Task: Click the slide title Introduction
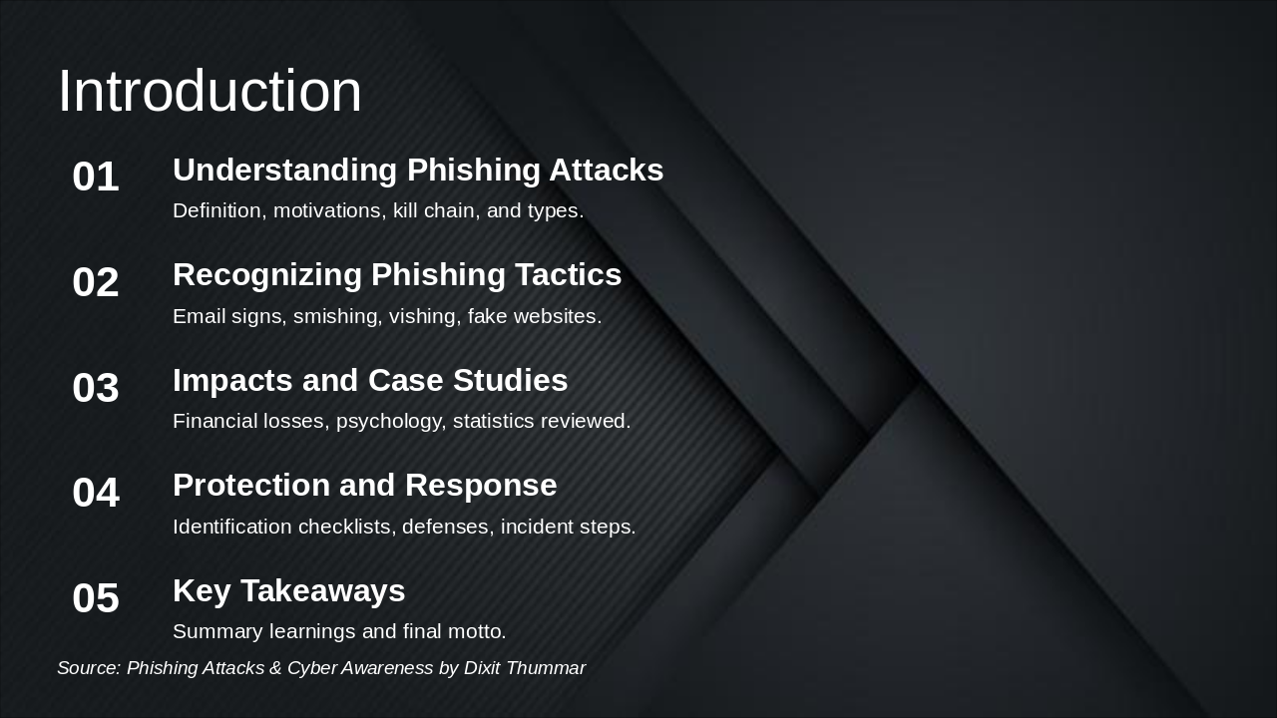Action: point(210,91)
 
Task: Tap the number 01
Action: point(96,177)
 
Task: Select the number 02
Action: point(96,282)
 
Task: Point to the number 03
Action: point(96,388)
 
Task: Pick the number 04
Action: point(96,493)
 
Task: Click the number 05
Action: point(96,597)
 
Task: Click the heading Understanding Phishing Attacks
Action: point(418,171)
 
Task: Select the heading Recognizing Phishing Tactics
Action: point(397,275)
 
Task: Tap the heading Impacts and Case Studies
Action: point(370,380)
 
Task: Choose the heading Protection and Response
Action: point(365,486)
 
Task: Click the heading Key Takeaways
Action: point(289,591)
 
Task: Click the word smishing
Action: point(337,316)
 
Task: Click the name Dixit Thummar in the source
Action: point(525,668)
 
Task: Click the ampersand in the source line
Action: point(275,668)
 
